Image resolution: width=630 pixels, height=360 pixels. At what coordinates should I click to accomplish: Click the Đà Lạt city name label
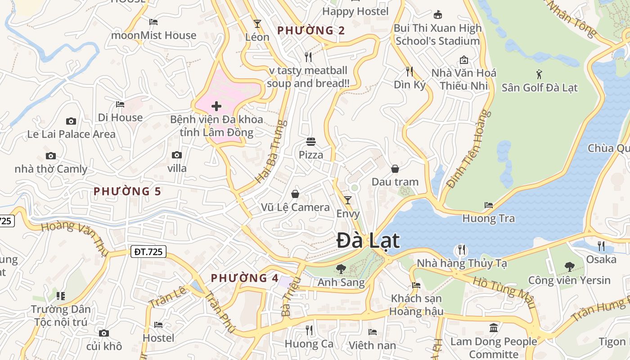point(368,241)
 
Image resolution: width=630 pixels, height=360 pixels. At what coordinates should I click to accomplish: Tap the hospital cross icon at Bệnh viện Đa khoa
point(216,106)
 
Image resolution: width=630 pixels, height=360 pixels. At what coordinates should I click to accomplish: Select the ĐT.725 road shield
point(149,252)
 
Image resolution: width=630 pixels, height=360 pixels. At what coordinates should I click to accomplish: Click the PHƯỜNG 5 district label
point(127,191)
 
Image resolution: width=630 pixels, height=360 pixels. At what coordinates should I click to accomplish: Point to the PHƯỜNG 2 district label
point(311,31)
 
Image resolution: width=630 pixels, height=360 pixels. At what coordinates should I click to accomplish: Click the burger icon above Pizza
point(310,142)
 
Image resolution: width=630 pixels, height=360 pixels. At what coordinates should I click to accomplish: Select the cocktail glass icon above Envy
point(348,200)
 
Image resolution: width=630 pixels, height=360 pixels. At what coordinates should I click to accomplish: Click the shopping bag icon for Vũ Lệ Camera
point(295,194)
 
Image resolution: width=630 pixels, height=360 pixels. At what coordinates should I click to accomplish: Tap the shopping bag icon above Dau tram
point(395,169)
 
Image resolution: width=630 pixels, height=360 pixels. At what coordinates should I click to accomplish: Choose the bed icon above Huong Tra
point(489,205)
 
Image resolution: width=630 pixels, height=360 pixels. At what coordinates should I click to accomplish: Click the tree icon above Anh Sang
point(341,269)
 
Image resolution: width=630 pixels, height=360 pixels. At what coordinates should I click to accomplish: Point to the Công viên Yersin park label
point(569,280)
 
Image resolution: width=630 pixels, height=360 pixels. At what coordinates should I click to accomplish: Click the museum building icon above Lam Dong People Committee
point(494,328)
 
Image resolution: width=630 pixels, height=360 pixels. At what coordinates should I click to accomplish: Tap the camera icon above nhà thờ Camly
point(51,156)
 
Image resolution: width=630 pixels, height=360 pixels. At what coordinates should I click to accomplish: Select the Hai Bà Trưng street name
point(271,151)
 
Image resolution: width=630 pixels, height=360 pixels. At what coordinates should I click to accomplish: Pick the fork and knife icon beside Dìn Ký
point(409,71)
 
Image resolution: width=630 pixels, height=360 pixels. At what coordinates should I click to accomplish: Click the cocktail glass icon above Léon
point(257,24)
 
